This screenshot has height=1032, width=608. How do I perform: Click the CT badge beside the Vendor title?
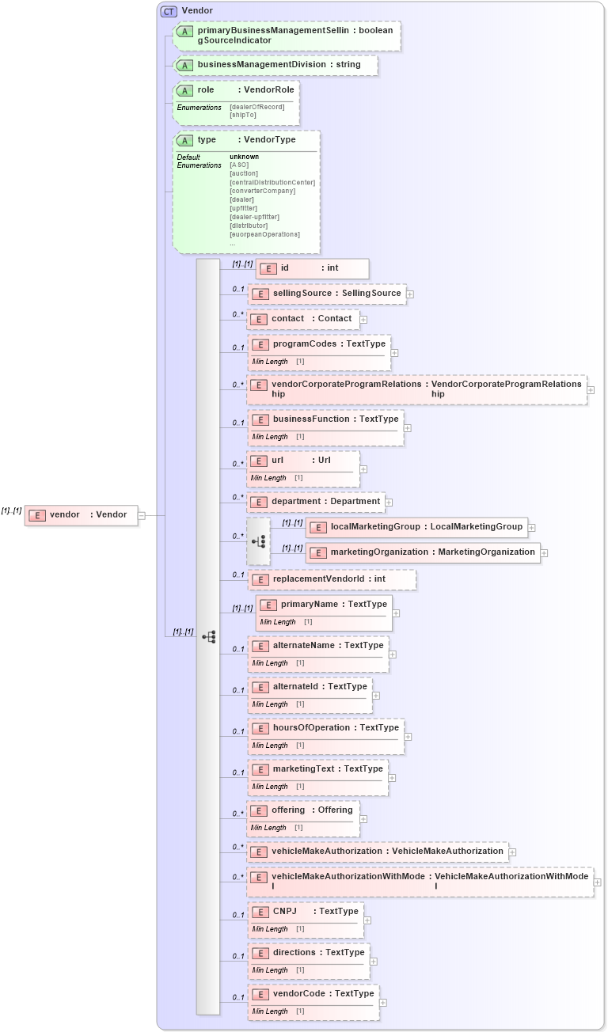pyautogui.click(x=169, y=11)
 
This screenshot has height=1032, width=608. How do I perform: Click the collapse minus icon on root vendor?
pyautogui.click(x=142, y=515)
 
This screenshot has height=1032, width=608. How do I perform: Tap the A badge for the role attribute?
pyautogui.click(x=184, y=90)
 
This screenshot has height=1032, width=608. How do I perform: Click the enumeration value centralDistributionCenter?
pyautogui.click(x=272, y=182)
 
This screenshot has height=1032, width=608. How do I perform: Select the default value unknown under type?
pyautogui.click(x=244, y=157)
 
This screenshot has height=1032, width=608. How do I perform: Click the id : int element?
pyautogui.click(x=312, y=268)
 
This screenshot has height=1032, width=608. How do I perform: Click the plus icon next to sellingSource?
pyautogui.click(x=410, y=294)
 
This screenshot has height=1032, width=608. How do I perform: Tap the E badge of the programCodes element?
pyautogui.click(x=260, y=344)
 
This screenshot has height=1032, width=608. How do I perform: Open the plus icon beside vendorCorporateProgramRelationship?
pyautogui.click(x=591, y=390)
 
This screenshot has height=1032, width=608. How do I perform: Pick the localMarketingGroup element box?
pyautogui.click(x=416, y=526)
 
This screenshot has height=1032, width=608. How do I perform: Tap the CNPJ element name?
pyautogui.click(x=284, y=912)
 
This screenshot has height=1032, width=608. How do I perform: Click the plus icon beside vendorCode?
pyautogui.click(x=383, y=1003)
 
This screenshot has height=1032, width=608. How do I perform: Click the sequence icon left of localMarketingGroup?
pyautogui.click(x=258, y=541)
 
